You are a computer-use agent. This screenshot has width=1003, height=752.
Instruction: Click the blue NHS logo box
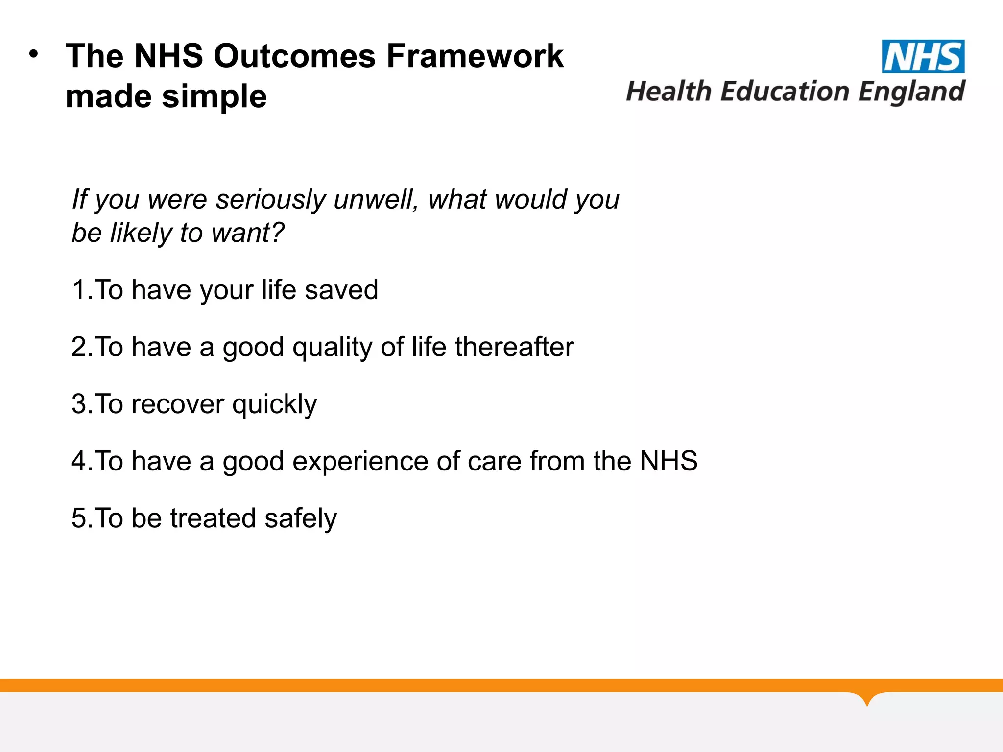pyautogui.click(x=923, y=57)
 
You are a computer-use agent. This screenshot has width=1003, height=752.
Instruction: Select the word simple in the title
pyautogui.click(x=214, y=97)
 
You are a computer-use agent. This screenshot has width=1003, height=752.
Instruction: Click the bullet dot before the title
pyautogui.click(x=33, y=54)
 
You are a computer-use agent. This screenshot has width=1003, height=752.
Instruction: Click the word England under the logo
pyautogui.click(x=911, y=93)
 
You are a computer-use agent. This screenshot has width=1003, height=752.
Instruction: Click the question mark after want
pyautogui.click(x=277, y=232)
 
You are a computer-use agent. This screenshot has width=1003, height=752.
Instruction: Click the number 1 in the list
pyautogui.click(x=79, y=290)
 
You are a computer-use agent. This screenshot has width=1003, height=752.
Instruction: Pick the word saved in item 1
pyautogui.click(x=341, y=290)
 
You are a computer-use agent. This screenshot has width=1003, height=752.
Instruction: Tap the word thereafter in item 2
pyautogui.click(x=514, y=347)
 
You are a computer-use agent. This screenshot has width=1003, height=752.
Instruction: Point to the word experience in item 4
pyautogui.click(x=360, y=462)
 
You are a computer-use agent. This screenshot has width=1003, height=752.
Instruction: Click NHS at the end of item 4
pyautogui.click(x=669, y=461)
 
